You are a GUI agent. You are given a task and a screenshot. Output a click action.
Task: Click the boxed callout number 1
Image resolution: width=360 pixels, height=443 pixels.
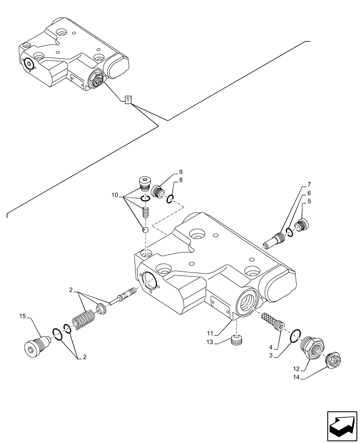click(128, 100)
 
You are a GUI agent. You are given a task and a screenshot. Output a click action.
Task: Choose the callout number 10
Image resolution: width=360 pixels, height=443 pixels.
click(115, 194)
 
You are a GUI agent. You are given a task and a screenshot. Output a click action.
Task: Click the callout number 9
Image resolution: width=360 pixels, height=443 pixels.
click(181, 171)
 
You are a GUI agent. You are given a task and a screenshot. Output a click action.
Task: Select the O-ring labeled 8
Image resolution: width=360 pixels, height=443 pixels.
click(170, 200)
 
